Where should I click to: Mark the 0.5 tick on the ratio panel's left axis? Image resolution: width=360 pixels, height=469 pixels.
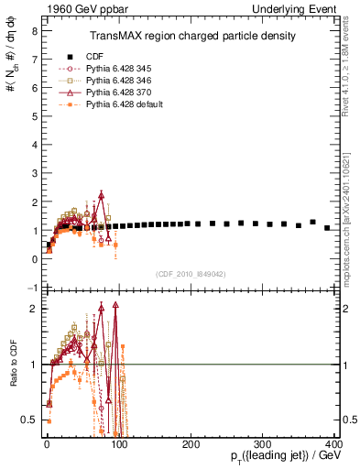point(29,420)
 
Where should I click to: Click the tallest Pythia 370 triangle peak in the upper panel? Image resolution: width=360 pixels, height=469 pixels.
point(102,194)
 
